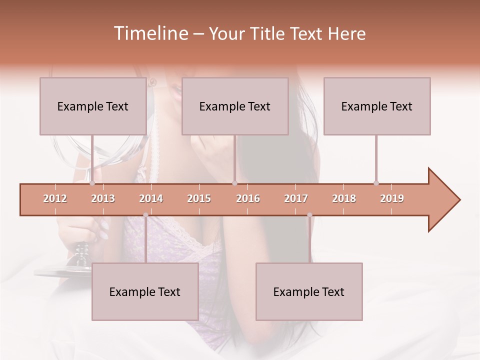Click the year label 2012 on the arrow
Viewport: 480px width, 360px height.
coord(55,198)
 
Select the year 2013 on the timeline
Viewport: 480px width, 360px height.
coord(103,198)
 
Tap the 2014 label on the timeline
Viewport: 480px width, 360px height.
coord(151,198)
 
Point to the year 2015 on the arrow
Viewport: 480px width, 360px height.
coord(199,198)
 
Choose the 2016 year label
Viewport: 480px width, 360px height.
coord(248,198)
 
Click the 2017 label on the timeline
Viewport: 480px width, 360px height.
coord(296,198)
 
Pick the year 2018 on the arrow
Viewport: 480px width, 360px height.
coord(344,198)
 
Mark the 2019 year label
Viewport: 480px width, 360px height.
coord(392,198)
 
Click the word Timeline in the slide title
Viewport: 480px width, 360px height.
coord(150,33)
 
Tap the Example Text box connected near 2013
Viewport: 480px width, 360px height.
coord(93,106)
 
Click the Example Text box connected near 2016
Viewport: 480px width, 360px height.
coord(235,106)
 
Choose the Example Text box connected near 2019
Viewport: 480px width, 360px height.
coord(377,106)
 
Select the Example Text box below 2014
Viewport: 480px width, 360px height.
coord(145,291)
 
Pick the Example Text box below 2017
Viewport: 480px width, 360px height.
coord(309,291)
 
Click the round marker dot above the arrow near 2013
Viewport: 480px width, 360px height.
coord(92,183)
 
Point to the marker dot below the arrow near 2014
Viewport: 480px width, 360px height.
coord(145,215)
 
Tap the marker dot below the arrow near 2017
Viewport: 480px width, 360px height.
coord(309,215)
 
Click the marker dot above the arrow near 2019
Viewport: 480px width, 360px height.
coord(376,183)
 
